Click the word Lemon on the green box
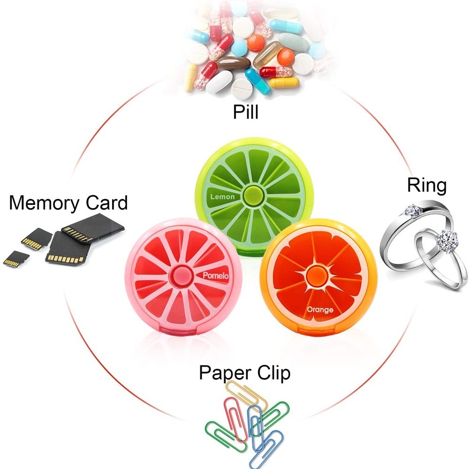[222, 197]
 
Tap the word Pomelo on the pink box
[215, 277]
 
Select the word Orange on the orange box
[320, 310]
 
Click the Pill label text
[246, 113]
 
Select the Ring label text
[427, 186]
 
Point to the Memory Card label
[68, 204]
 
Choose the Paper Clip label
[244, 373]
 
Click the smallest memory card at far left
[16, 258]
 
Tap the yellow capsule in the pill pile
[284, 83]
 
